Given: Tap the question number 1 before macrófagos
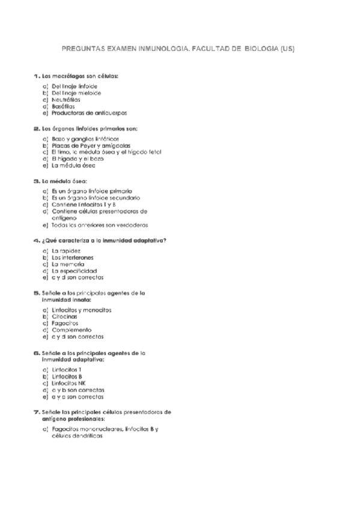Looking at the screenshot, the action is point(36,76).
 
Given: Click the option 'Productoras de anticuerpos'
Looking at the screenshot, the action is point(89,112).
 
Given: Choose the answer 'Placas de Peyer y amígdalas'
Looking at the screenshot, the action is point(91,146).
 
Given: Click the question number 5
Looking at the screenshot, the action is point(36,293).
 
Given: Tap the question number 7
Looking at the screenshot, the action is point(36,412).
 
